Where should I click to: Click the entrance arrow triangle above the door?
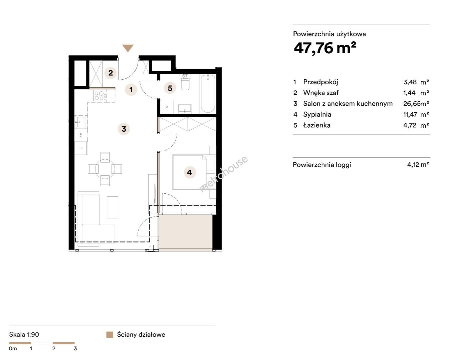coord(128,48)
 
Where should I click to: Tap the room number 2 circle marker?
coord(110,73)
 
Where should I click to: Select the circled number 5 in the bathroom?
coord(170,88)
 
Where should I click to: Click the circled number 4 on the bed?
coord(190,172)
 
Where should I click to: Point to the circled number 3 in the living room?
coord(124,129)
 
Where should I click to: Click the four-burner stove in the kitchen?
coord(100,96)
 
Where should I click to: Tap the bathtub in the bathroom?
coord(208,94)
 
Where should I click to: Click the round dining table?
coord(105,169)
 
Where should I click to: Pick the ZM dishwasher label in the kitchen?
coord(81,135)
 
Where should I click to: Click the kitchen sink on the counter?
coord(81,122)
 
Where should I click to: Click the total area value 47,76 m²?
coord(325,48)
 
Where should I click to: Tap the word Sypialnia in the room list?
coord(317,114)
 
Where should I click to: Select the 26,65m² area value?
coord(416,104)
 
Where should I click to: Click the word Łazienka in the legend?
coord(317,125)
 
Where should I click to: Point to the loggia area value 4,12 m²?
coord(418,165)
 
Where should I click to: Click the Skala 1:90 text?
coord(24,334)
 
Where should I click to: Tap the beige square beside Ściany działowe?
coord(110,335)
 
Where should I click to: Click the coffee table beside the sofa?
coord(113,207)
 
